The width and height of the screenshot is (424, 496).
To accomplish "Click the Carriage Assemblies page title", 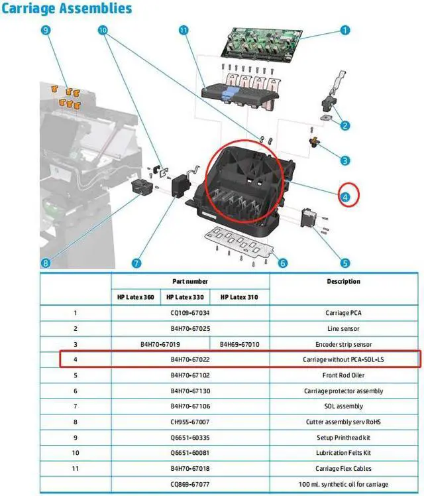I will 66,9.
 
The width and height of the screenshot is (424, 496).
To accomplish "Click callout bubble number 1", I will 345,30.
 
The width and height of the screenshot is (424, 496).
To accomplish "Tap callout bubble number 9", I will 46,31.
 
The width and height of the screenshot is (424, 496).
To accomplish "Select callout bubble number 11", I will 184,31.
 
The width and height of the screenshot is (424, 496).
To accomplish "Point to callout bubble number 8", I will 46,263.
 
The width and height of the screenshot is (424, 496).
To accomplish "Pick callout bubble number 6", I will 283,263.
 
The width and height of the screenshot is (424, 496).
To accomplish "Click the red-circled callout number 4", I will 345,196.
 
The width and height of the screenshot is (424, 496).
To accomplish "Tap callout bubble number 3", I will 345,160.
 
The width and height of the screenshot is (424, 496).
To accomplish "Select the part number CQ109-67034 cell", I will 190,313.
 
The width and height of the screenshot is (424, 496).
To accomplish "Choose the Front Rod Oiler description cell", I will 343,375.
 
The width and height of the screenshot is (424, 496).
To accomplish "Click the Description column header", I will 343,281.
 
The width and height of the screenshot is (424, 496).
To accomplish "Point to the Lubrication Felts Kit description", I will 343,453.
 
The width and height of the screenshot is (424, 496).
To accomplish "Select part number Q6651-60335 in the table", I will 190,438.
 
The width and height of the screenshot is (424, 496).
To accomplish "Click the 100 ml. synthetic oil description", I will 343,484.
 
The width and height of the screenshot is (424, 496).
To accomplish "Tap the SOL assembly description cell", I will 343,406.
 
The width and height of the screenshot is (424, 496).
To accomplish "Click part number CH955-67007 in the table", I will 190,422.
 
